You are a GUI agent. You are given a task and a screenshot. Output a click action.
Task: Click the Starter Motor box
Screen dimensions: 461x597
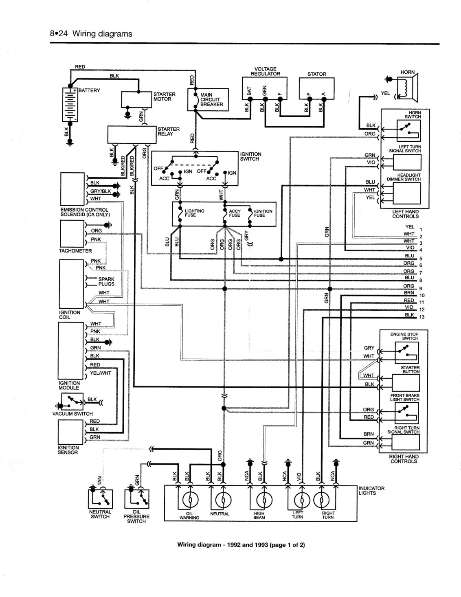coord(137,99)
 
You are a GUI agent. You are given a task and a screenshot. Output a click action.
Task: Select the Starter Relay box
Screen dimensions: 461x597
coord(132,135)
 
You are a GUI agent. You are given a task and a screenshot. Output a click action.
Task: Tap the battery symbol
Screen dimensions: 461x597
coord(70,104)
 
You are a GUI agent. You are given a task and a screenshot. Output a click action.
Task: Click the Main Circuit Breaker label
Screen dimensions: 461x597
coord(211,99)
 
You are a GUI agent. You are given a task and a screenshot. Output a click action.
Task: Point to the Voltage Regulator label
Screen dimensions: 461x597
coord(266,71)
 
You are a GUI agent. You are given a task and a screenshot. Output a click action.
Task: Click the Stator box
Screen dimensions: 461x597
coord(316,88)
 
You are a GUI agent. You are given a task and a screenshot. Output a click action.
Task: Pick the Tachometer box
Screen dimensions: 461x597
coord(72,234)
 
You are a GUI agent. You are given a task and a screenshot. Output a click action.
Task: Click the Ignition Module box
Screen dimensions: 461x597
coord(70,351)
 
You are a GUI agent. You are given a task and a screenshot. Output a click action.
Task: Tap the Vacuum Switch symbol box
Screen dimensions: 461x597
coord(72,402)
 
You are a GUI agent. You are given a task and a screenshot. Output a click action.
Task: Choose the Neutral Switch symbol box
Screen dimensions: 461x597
coord(100,498)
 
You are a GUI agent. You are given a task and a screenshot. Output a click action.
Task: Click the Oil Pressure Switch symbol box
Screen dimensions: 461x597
coord(137,498)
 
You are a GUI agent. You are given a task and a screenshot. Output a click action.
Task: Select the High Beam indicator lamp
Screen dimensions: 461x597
coord(264,500)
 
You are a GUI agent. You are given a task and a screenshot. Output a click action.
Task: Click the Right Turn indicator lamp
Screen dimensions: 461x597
coord(321,500)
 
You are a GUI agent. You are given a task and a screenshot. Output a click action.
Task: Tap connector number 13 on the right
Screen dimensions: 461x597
coord(422,317)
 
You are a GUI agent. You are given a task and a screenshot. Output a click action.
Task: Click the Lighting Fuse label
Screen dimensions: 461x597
coord(195,213)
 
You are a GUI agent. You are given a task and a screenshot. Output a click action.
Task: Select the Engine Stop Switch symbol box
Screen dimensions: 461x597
coord(406,353)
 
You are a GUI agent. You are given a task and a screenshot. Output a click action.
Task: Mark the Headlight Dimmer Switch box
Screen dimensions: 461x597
coord(407,193)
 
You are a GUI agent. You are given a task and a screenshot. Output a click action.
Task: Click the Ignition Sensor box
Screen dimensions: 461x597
coord(70,432)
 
